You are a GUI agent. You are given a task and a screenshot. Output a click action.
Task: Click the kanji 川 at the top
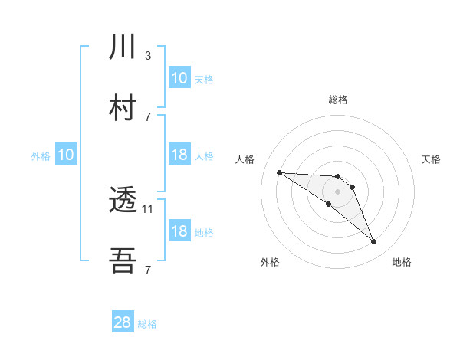(x=123, y=47)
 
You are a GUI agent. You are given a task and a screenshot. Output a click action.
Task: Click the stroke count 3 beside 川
(x=148, y=55)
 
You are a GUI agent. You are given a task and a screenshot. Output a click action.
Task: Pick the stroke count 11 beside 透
(x=149, y=208)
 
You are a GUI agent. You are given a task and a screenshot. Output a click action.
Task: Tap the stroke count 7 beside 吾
(x=148, y=269)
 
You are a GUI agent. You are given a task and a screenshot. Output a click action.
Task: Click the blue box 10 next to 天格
(x=179, y=78)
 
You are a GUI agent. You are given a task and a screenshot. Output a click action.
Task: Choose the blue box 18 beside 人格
(x=179, y=155)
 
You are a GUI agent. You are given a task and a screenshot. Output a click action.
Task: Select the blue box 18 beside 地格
(x=179, y=231)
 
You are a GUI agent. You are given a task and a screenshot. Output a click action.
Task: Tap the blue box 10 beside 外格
(x=66, y=155)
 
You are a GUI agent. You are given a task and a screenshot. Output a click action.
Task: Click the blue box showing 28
(x=123, y=322)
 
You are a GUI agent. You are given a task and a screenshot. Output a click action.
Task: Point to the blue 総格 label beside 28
(x=147, y=324)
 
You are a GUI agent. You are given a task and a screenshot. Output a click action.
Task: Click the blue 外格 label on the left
(x=41, y=155)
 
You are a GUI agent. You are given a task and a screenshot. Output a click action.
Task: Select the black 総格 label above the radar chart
(x=338, y=100)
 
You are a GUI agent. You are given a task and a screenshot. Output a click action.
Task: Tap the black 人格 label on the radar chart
(x=245, y=159)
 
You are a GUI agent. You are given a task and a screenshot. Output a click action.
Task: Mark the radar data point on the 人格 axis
(x=279, y=172)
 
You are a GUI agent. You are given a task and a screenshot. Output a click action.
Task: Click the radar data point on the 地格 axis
(x=374, y=242)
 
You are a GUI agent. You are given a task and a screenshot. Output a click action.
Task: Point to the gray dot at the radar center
(x=338, y=191)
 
